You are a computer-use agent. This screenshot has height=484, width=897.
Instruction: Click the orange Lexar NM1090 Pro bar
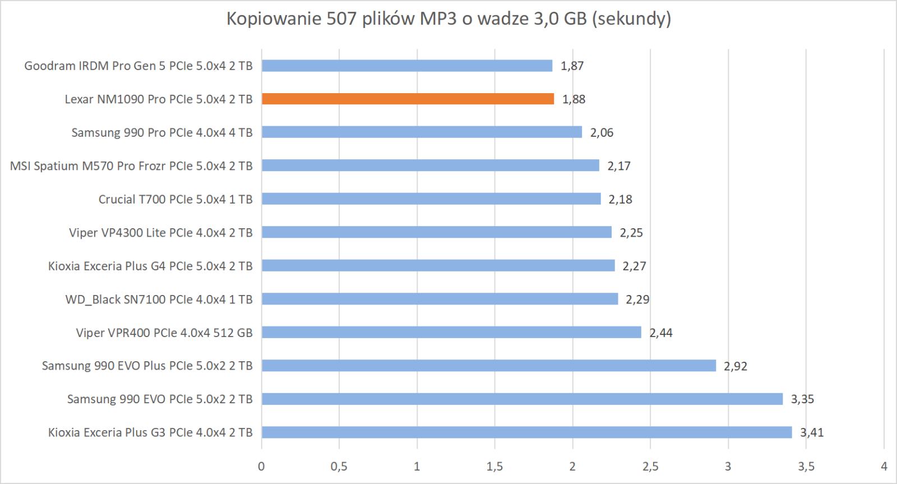coord(408,99)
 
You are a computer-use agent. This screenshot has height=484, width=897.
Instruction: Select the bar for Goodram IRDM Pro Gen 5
coord(407,66)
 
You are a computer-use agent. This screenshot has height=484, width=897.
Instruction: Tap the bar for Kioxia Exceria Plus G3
coord(526,432)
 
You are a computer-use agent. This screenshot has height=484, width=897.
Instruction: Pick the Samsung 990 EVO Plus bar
coord(489,366)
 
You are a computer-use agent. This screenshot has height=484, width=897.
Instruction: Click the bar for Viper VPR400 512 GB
coord(451,333)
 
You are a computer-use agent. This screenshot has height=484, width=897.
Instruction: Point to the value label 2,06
coord(602,133)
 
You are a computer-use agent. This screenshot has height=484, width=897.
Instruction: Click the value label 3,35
coord(802,399)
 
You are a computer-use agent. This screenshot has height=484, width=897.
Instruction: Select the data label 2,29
coord(637,299)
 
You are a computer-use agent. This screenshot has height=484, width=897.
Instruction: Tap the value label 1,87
coord(572,66)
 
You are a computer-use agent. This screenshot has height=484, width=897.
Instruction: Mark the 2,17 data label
coord(619,166)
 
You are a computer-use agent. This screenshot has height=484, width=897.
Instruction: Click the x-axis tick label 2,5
coord(650,467)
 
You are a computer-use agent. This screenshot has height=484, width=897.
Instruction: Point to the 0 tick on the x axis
coord(261,467)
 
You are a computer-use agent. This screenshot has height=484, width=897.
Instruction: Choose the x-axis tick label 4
coord(884,467)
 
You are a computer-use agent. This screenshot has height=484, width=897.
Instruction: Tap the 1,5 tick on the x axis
coord(494,467)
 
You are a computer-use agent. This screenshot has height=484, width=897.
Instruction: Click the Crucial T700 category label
coord(175,200)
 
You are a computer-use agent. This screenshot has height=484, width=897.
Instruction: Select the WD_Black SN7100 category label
coord(159,299)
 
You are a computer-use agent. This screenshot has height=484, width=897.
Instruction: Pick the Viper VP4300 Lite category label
coord(161,233)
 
